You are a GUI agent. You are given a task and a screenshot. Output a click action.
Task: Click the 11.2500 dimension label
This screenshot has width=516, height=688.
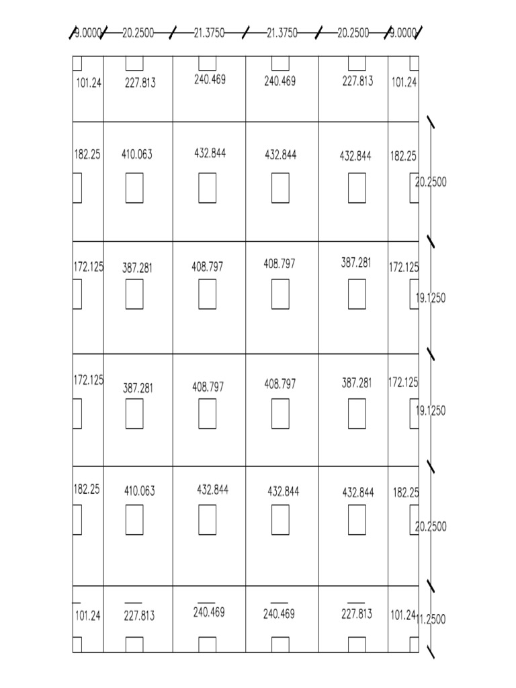431,619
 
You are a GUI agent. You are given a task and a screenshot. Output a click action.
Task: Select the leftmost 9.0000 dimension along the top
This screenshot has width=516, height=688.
87,33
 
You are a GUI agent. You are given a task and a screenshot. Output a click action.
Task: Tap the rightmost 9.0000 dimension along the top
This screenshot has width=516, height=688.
403,33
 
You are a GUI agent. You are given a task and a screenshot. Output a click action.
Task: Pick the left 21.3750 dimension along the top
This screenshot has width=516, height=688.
209,33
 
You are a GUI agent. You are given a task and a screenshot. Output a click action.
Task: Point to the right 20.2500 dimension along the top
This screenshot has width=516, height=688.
353,33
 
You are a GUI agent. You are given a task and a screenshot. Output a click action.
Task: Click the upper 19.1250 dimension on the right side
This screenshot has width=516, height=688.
431,298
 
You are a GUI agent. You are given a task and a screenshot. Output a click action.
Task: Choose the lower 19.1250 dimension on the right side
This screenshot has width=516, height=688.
431,411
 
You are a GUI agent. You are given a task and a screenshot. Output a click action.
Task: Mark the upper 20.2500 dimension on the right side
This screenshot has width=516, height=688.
431,181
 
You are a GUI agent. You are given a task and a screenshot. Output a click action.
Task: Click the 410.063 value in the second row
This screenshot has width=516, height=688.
137,155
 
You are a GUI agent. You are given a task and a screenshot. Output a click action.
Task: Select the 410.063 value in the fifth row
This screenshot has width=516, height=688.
140,491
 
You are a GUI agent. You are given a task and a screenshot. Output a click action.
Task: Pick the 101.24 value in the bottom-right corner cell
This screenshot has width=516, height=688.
403,614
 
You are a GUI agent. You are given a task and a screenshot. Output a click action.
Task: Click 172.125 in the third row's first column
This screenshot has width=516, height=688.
89,267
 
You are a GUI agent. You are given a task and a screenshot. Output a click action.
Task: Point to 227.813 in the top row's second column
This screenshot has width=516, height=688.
140,83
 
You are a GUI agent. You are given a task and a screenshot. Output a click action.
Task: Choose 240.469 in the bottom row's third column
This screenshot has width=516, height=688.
209,613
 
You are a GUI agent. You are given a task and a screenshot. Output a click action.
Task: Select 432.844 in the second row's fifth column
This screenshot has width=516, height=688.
355,157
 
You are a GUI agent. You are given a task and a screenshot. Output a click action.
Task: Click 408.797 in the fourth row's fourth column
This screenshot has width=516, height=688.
279,384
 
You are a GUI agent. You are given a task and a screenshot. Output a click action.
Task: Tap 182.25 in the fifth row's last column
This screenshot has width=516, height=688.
406,492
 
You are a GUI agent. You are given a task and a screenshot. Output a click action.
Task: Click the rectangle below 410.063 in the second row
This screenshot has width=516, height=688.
134,188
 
